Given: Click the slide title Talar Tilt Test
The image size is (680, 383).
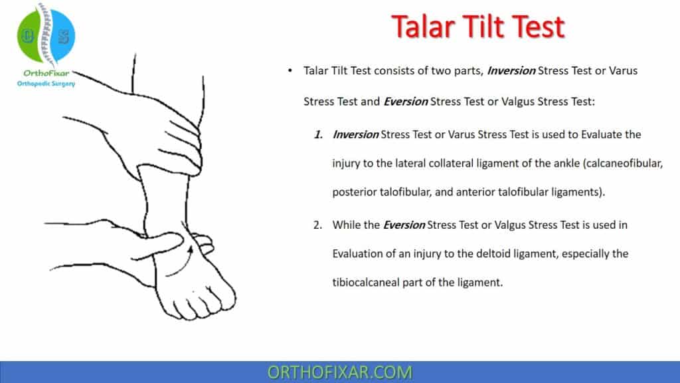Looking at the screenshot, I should tap(477, 27).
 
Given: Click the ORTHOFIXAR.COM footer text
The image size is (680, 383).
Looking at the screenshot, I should tap(339, 372).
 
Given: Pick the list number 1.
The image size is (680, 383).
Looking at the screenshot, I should tap(319, 134).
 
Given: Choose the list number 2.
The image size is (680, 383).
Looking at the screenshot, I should tap(318, 225).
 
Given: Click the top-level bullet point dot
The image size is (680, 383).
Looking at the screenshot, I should tap(290, 70).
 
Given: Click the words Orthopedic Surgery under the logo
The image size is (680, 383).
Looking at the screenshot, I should tap(46, 84).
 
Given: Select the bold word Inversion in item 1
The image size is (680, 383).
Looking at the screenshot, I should tap(355, 134).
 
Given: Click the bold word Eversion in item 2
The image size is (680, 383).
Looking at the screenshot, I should tap(404, 225).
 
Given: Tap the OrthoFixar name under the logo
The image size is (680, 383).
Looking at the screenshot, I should tap(46, 73).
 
